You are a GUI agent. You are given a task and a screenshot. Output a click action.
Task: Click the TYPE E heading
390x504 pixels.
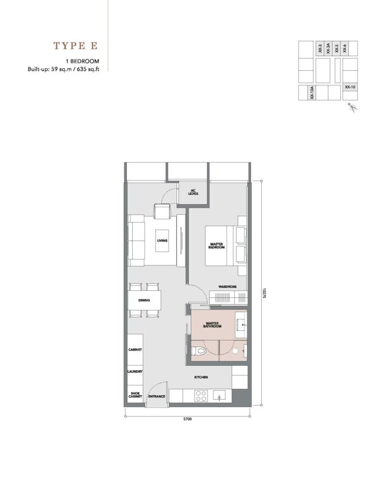[75, 46]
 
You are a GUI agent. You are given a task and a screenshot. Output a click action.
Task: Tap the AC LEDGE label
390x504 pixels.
[193, 192]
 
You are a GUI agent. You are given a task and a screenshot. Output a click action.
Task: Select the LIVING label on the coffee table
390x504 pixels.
[162, 240]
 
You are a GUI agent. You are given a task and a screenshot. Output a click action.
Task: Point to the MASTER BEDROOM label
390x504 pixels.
[216, 246]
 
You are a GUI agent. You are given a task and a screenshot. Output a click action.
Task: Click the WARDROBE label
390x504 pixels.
[227, 286]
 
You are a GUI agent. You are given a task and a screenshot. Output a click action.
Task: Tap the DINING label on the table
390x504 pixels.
[144, 300]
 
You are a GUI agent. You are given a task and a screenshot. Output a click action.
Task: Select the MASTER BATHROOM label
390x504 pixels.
[212, 325]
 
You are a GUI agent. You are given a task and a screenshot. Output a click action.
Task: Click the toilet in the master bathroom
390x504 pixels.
[199, 351]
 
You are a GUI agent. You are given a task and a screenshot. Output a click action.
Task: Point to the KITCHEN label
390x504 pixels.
[201, 377]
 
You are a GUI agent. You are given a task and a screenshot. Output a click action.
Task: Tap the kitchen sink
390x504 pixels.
[219, 395]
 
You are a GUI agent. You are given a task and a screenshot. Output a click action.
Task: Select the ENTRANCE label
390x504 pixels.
[157, 396]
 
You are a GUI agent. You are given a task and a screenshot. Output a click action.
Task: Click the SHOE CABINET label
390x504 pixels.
[135, 395]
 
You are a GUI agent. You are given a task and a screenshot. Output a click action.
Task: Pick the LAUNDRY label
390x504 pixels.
[135, 372]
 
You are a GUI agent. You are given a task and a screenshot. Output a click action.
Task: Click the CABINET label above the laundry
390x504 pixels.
[135, 349]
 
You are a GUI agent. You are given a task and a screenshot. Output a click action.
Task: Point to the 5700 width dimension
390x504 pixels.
[187, 419]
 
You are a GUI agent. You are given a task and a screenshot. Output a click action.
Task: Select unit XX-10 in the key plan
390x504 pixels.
[350, 87]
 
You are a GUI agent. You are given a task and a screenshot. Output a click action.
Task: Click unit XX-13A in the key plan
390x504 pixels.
[312, 93]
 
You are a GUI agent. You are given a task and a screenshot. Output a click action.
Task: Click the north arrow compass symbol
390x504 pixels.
[353, 108]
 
